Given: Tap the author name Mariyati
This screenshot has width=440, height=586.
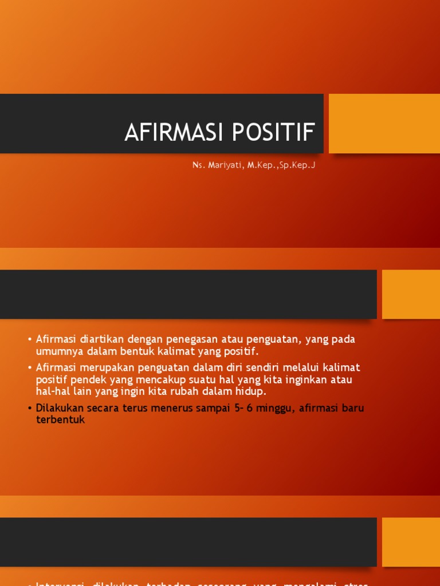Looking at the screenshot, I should [x=224, y=165].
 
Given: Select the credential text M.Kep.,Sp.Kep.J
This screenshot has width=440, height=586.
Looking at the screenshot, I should [x=281, y=165].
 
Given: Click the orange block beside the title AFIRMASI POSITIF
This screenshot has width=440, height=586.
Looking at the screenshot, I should [x=384, y=124].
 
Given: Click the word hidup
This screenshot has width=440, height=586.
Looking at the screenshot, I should [x=252, y=392].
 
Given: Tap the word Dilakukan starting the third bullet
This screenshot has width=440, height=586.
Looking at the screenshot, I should [x=59, y=408].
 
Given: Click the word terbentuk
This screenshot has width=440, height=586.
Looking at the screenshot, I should [x=60, y=420].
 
